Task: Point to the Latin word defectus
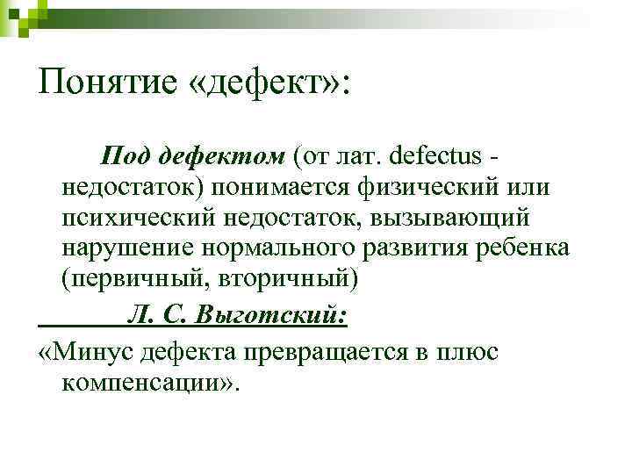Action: pyautogui.click(x=436, y=156)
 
